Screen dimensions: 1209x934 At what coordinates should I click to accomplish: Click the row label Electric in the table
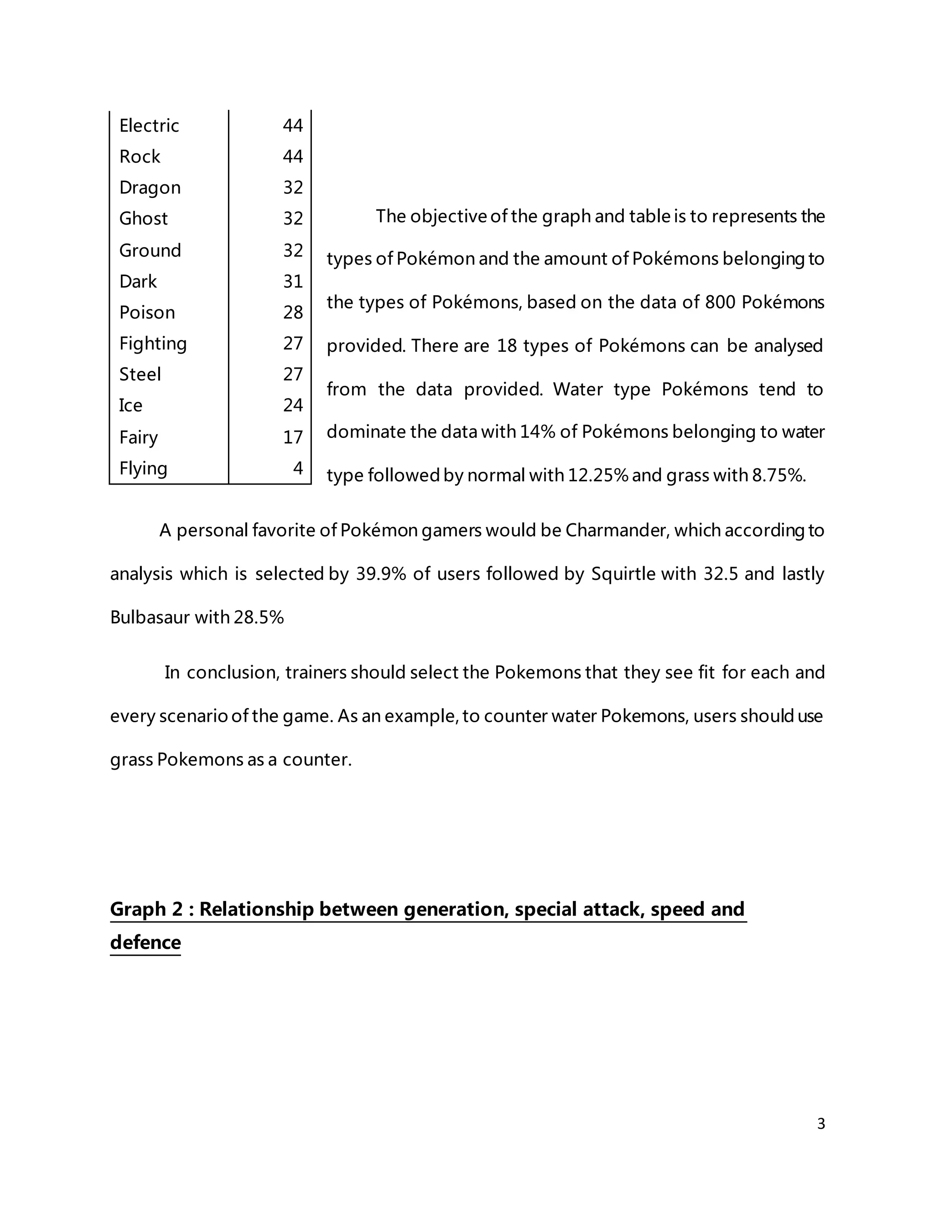coord(149,125)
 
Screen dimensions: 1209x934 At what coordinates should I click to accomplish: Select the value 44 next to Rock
coord(293,156)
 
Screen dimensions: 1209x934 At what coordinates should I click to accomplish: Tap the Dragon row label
coord(150,188)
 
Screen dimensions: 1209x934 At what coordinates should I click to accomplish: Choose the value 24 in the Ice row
coord(293,406)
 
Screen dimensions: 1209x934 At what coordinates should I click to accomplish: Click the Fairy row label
coord(138,438)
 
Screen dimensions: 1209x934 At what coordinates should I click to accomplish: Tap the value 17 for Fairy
coord(293,438)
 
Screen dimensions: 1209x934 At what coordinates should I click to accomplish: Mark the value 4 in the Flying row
coord(298,469)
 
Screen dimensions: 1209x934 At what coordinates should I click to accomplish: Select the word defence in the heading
coord(145,942)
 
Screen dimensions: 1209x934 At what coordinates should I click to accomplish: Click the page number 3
coord(820,1124)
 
